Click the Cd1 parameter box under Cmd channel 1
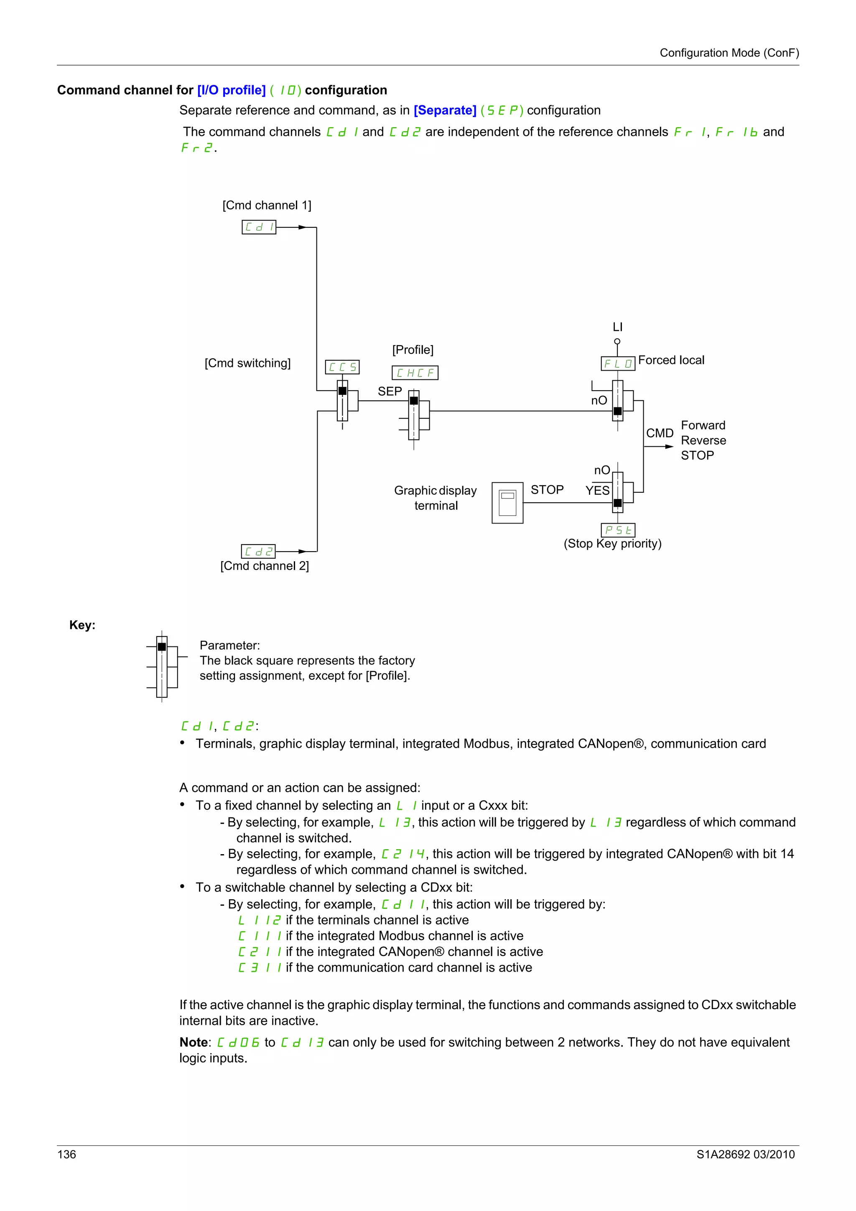(258, 227)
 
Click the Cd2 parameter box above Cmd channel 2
(258, 551)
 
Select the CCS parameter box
(342, 366)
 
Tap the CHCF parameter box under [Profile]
(415, 373)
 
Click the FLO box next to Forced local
(618, 364)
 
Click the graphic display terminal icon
(507, 503)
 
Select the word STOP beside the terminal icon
(547, 490)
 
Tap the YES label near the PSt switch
(597, 491)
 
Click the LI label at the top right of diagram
(617, 327)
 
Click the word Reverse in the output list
(703, 440)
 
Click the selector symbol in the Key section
(163, 667)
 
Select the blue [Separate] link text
(445, 110)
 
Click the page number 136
(66, 1154)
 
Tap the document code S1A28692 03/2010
(745, 1154)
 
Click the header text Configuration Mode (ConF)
(729, 53)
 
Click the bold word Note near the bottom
(194, 1042)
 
